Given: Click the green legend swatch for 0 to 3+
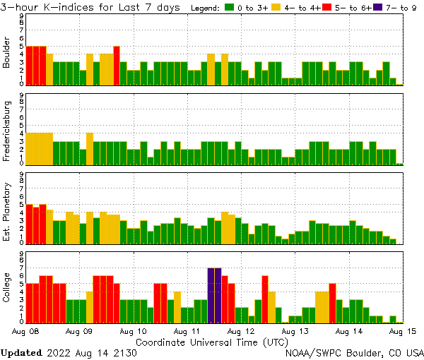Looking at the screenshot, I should pyautogui.click(x=230, y=7).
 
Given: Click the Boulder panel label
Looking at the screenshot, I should pyautogui.click(x=8, y=52).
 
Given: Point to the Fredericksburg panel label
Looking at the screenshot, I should pyautogui.click(x=8, y=131).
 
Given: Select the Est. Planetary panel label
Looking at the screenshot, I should pyautogui.click(x=8, y=210).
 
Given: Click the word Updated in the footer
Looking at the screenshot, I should pyautogui.click(x=21, y=352).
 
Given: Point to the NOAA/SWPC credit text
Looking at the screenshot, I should pyautogui.click(x=354, y=352).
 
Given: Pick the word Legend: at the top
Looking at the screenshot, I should pyautogui.click(x=205, y=7).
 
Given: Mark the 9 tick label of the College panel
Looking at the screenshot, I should pyautogui.click(x=21, y=253).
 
